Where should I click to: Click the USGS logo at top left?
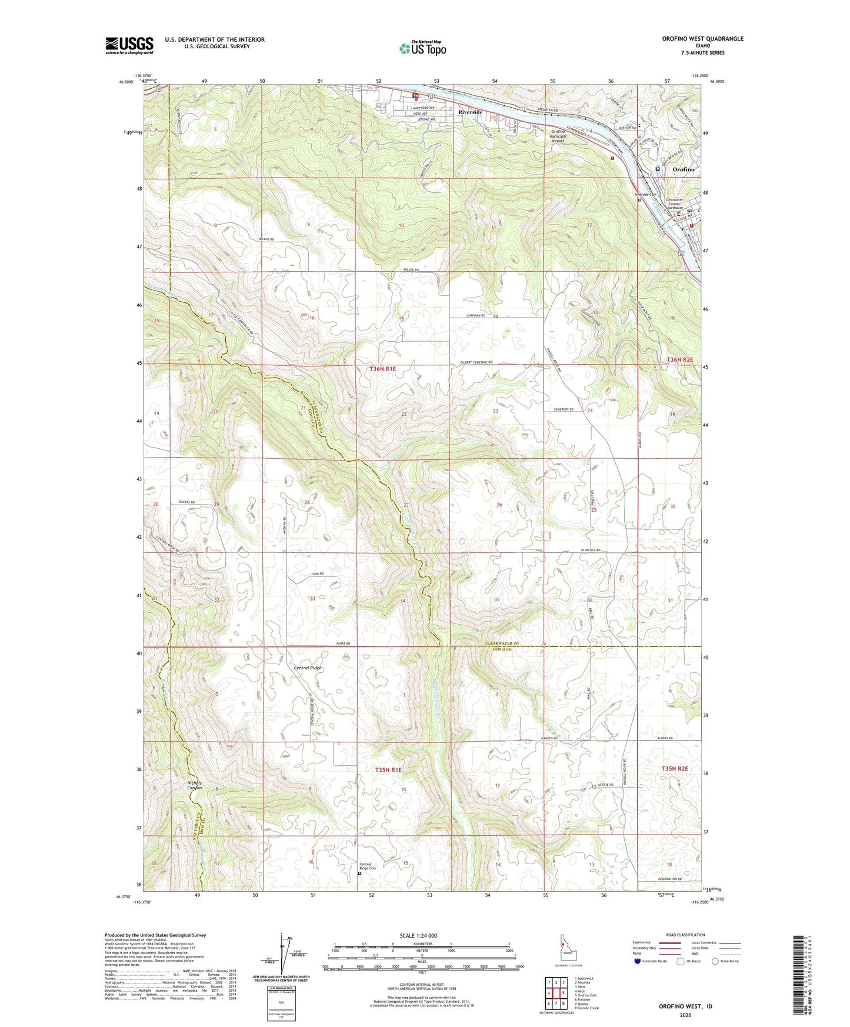[129, 45]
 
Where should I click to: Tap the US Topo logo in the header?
[422, 48]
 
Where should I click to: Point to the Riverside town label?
[471, 112]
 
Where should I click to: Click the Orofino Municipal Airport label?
[558, 136]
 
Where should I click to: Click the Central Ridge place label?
[308, 668]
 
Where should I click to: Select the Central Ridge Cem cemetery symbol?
[360, 874]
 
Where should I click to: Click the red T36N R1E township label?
[382, 369]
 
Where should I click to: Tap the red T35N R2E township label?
[674, 769]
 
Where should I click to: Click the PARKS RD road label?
[343, 643]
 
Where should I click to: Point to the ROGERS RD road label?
[185, 502]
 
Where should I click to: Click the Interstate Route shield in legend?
[639, 961]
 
